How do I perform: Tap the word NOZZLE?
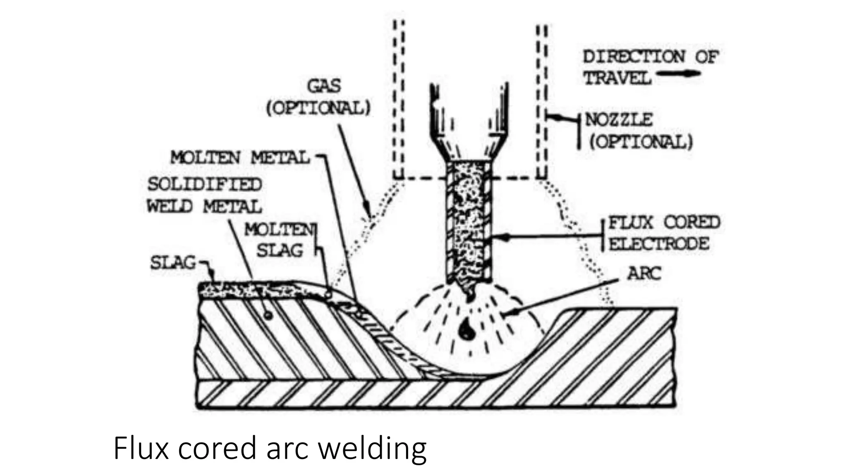pyautogui.click(x=619, y=120)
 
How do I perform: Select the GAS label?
pyautogui.click(x=324, y=86)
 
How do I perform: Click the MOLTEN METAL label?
pyautogui.click(x=240, y=157)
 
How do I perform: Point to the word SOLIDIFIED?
pyautogui.click(x=205, y=184)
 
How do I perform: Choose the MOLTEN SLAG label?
pyautogui.click(x=280, y=240)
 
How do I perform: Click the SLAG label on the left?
pyautogui.click(x=172, y=263)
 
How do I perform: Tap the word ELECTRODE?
pyautogui.click(x=659, y=244)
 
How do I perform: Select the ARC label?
pyautogui.click(x=644, y=273)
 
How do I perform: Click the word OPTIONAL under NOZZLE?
pyautogui.click(x=641, y=142)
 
